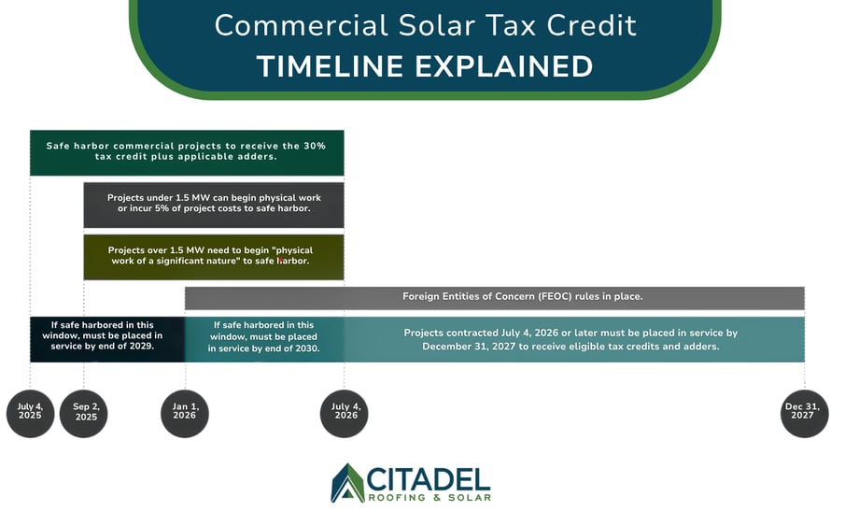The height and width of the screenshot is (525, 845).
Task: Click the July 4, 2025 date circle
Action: (30, 413)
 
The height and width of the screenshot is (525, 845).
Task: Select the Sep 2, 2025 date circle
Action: (84, 413)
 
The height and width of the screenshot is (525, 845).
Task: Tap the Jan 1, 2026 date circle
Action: (185, 413)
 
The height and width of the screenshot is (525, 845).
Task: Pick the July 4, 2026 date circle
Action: (345, 413)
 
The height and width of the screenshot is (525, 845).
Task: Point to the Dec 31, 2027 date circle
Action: (805, 413)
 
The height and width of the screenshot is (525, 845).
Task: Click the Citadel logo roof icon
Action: (347, 483)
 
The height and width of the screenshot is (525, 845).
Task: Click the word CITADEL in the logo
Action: (429, 478)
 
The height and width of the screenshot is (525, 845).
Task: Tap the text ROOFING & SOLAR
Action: (429, 497)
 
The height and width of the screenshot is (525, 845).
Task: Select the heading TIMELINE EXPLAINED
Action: (425, 66)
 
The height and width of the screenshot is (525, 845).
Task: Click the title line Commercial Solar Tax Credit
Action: (425, 25)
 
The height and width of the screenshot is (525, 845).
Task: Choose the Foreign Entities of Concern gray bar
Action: (495, 298)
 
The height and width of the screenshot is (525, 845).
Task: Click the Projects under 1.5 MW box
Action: (214, 205)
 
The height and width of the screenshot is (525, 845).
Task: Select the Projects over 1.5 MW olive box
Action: (214, 257)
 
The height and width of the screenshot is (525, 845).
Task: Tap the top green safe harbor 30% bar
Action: (187, 152)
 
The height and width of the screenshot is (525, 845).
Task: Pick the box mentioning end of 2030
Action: (264, 338)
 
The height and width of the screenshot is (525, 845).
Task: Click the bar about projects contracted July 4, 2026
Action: (570, 339)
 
